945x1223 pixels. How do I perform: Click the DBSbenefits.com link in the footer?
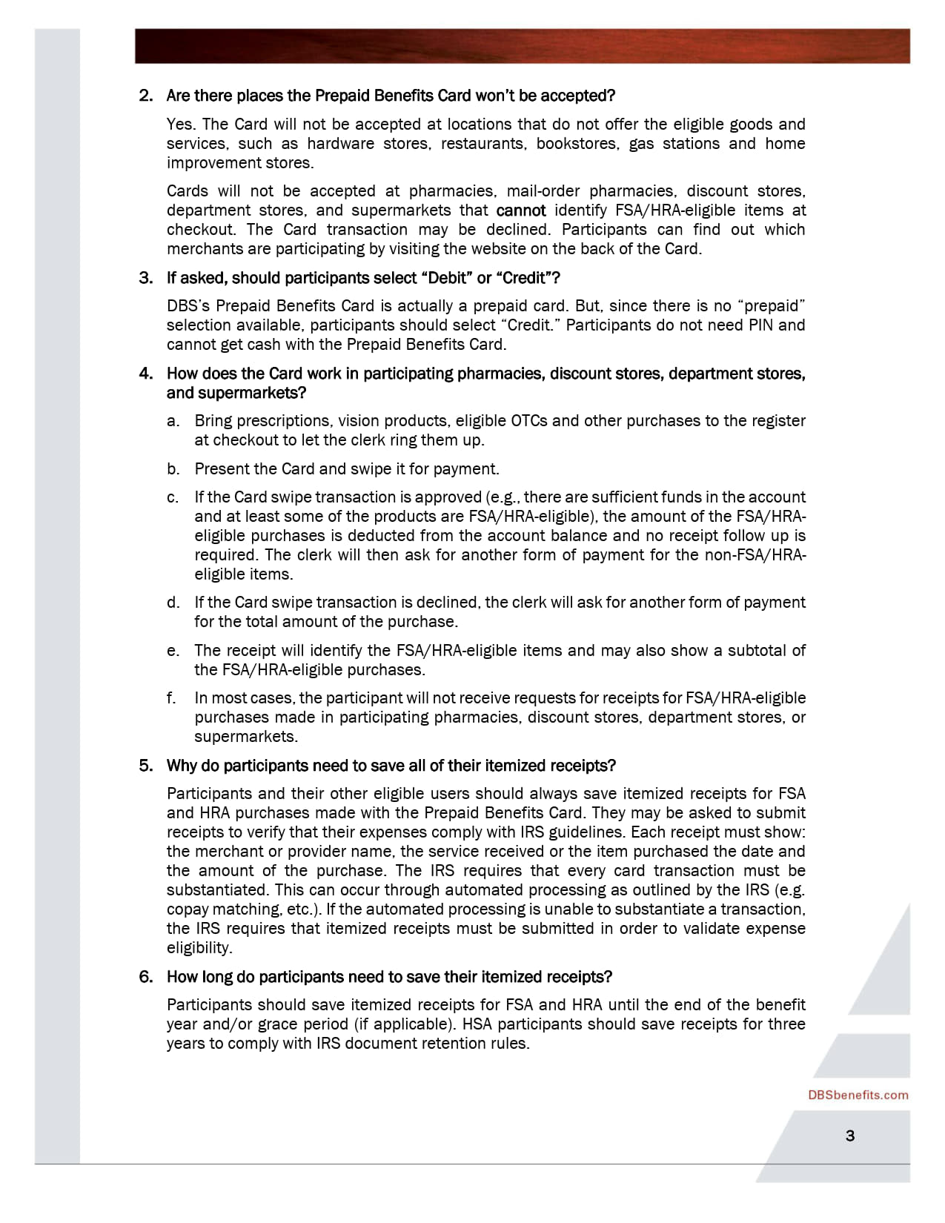(858, 1095)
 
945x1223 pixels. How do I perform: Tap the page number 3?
(850, 1136)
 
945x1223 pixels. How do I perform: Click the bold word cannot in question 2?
(520, 211)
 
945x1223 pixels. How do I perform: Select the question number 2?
(145, 96)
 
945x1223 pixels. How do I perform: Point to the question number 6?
(145, 977)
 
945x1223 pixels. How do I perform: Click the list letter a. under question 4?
(173, 421)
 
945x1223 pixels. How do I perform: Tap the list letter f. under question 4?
(171, 698)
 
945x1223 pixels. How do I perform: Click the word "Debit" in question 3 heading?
(447, 278)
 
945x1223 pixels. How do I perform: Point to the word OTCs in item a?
(529, 421)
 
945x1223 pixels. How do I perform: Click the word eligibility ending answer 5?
(199, 948)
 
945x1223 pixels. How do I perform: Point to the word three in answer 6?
(784, 1024)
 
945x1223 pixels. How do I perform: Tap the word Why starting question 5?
(182, 766)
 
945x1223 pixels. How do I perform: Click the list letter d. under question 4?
(173, 603)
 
